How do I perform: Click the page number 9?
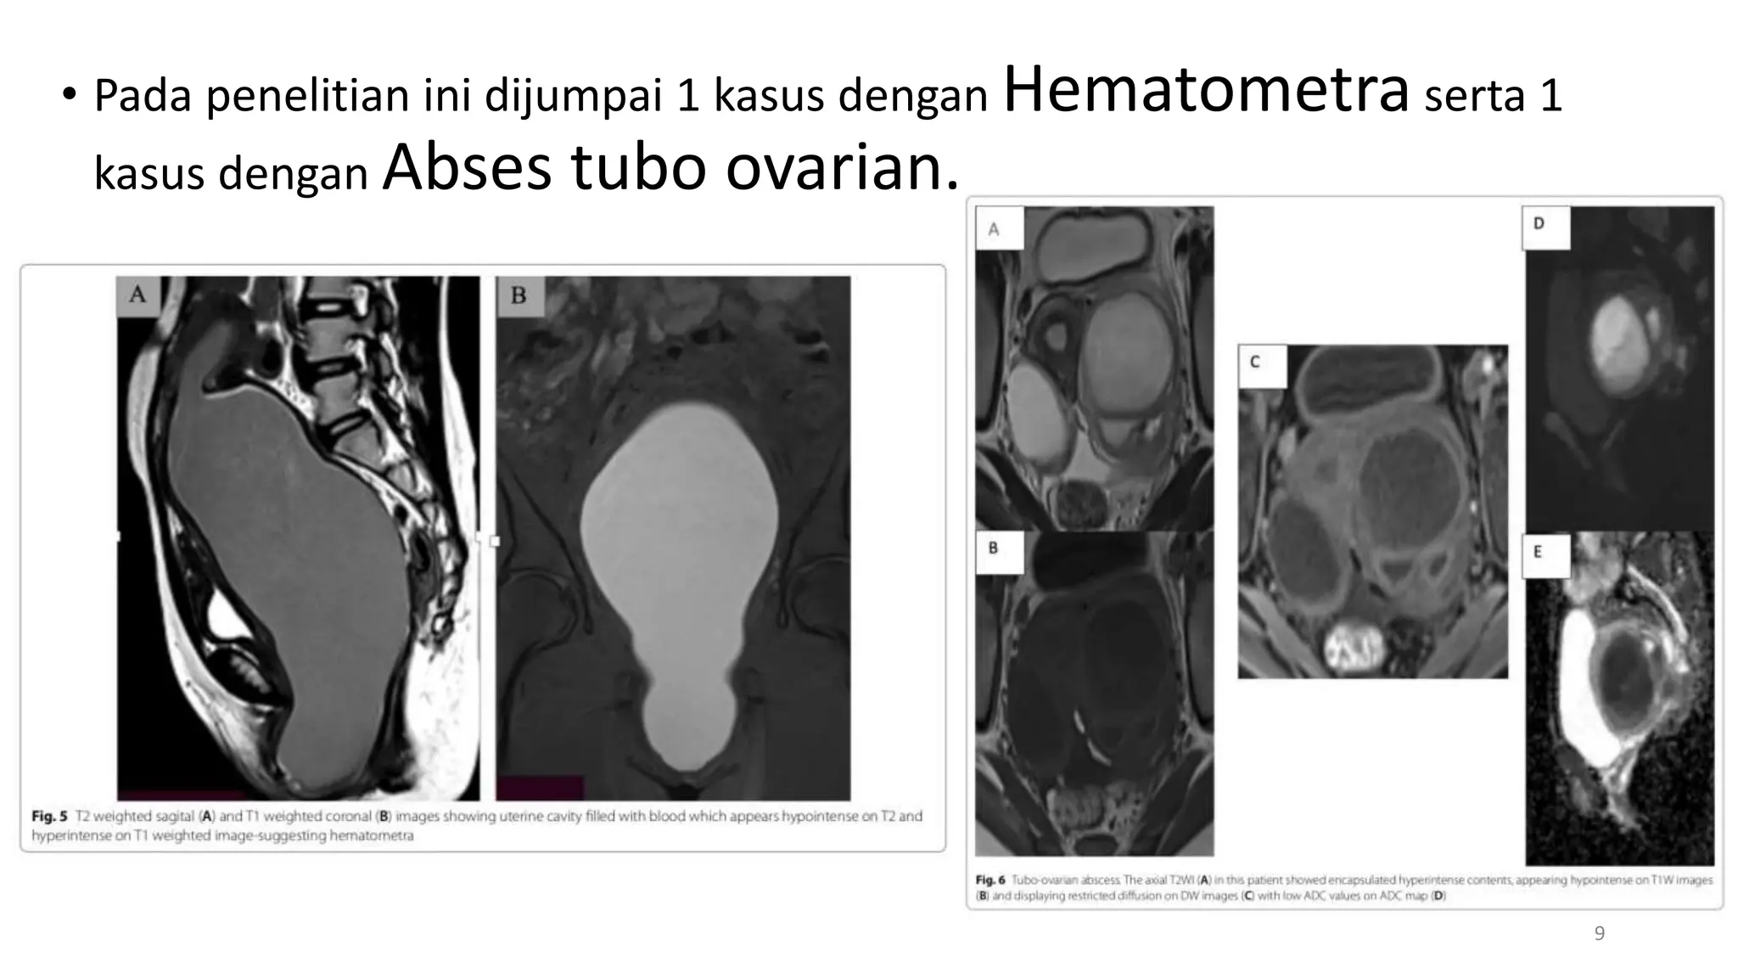(1600, 934)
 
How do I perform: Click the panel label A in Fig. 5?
(137, 295)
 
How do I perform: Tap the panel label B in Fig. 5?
(519, 295)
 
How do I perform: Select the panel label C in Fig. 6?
(1254, 363)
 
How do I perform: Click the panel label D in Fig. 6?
(1539, 224)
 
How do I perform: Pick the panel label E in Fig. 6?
(1537, 553)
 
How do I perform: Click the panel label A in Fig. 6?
(994, 229)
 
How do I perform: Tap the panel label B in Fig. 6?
(993, 548)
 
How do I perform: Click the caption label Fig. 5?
(49, 816)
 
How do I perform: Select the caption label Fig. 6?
(990, 880)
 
